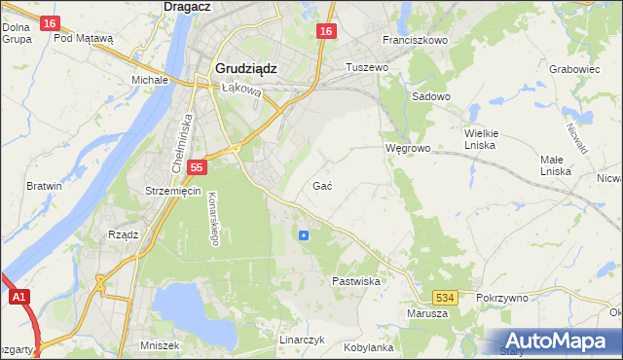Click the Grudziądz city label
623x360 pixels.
point(243,69)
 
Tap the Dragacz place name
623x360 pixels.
point(189,6)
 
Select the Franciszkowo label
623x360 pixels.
point(415,40)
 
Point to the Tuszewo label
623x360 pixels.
point(368,67)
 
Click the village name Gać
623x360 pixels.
point(324,185)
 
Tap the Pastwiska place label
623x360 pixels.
point(355,280)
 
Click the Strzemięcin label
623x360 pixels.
point(172,191)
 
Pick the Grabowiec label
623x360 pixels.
point(573,69)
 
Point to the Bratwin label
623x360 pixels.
point(45,185)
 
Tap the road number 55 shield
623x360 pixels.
point(197,167)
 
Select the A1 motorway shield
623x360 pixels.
point(18,299)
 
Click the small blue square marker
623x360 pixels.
point(304,234)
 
